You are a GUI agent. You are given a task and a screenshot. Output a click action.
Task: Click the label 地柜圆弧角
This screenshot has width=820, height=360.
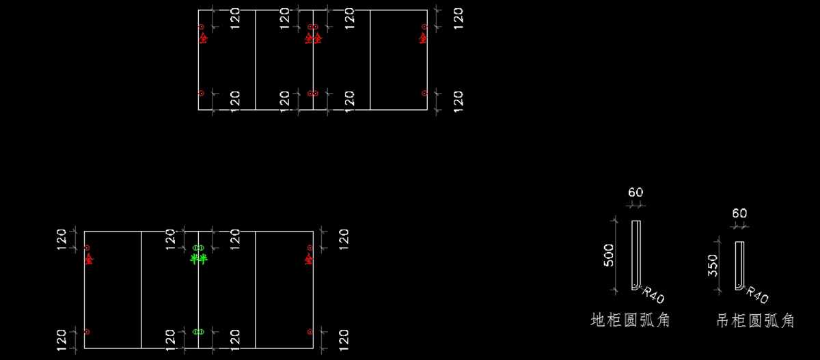[630, 320]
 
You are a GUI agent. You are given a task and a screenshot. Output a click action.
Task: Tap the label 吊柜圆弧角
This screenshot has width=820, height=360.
[755, 320]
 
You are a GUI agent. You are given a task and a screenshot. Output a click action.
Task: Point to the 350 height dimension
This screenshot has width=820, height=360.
[713, 265]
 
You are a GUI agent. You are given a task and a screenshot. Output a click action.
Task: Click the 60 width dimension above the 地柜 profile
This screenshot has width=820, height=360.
[635, 193]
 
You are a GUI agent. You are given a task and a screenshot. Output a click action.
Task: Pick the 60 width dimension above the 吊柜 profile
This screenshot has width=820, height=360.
[739, 213]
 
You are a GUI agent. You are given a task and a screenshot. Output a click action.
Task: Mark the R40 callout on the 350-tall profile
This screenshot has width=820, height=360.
[757, 296]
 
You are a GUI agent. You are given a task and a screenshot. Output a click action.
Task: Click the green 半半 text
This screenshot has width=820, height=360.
[198, 259]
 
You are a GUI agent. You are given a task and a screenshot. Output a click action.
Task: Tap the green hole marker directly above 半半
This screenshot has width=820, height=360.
[198, 247]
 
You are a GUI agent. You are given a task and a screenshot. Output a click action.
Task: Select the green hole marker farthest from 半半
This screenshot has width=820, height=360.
[198, 331]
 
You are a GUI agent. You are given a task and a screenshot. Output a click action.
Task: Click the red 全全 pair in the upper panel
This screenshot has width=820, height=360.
[313, 38]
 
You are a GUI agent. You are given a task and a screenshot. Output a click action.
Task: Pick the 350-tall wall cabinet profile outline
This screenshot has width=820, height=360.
[739, 265]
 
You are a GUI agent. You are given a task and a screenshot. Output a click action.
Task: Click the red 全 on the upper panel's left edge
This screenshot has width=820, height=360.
[202, 38]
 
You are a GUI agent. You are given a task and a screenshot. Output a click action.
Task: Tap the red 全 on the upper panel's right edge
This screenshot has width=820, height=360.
[424, 38]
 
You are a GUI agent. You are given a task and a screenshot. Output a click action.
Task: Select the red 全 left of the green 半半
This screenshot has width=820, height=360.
[88, 259]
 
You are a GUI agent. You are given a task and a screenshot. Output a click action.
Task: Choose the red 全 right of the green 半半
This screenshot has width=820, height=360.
[309, 259]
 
